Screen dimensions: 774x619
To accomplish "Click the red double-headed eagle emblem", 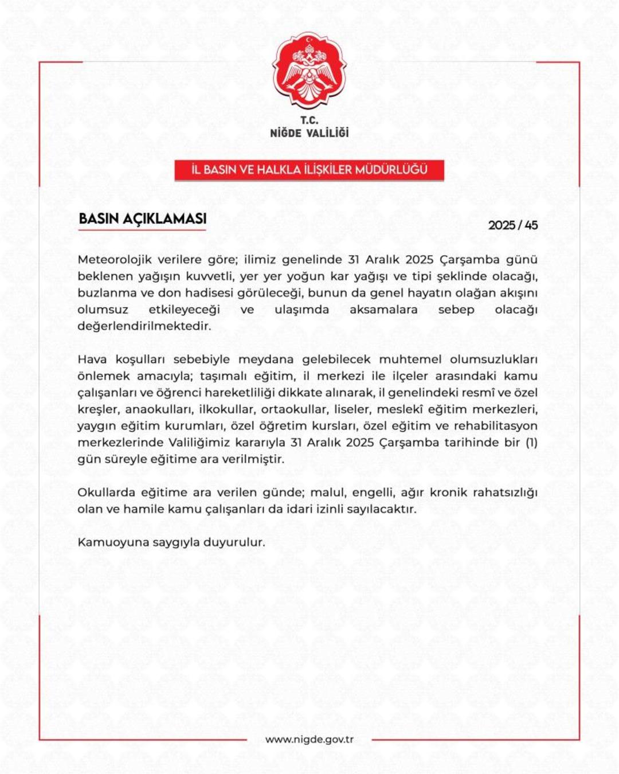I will [x=309, y=71].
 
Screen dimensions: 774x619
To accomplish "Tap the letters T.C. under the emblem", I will [x=309, y=120].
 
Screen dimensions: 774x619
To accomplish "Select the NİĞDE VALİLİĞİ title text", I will [x=309, y=133].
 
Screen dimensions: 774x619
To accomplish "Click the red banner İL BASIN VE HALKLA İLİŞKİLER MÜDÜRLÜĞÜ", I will [x=309, y=170].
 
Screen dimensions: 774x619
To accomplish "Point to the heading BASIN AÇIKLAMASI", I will [x=142, y=219].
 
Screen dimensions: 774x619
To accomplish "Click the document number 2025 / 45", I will [x=512, y=225].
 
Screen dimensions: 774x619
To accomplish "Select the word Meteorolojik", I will [x=115, y=260].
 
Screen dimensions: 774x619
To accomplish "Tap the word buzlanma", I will [x=107, y=293].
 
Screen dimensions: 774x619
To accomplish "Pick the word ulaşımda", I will [x=301, y=310].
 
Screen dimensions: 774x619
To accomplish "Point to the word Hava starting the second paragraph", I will [x=92, y=359].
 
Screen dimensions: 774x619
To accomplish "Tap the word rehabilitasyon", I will [x=495, y=426].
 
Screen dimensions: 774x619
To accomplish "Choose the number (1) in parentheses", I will [x=531, y=443].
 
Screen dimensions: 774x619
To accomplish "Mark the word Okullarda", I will [x=106, y=492].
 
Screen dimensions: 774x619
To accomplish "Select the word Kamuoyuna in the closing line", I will [x=112, y=542].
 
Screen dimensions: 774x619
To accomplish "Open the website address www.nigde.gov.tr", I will [x=309, y=740].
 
